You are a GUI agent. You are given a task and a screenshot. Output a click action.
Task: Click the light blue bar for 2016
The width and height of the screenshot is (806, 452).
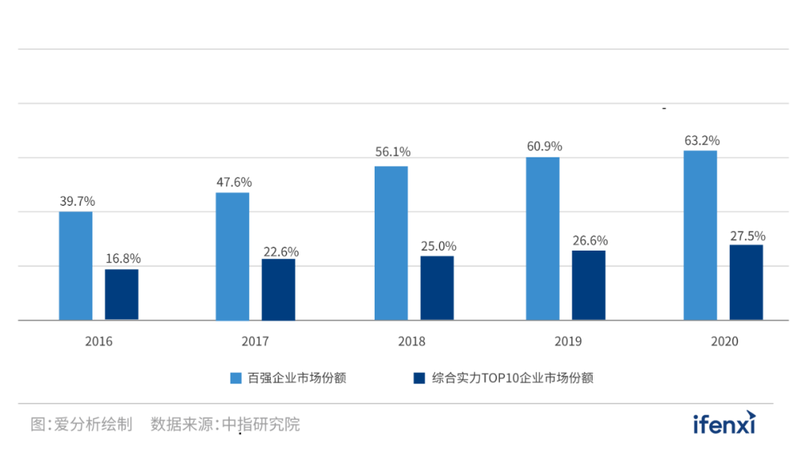coord(76,266)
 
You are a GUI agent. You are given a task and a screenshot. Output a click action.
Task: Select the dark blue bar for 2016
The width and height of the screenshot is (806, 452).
coord(121,294)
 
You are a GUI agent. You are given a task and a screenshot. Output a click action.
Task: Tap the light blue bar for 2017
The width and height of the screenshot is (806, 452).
coord(233,256)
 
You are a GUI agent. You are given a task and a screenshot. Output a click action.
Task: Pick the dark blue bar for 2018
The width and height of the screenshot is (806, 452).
coord(437,288)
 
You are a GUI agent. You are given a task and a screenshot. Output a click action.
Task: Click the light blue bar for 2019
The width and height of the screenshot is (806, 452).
coord(543,238)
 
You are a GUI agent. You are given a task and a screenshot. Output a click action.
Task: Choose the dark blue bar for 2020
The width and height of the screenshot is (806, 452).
coord(746,282)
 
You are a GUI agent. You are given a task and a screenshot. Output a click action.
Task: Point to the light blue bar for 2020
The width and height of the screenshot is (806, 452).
coord(700,235)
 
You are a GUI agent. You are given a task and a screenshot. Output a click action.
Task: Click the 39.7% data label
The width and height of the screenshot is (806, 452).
coord(78,201)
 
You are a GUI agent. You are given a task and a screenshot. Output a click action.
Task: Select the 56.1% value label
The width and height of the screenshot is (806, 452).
coord(393,152)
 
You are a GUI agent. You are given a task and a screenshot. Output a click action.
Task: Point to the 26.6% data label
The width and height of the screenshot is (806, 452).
coord(590,241)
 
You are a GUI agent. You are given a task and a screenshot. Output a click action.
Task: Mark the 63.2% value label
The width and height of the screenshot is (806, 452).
coord(702,140)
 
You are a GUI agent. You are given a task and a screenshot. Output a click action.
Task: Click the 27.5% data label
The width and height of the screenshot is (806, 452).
coord(747,236)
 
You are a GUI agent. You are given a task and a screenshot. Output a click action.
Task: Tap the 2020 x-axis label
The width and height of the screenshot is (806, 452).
coord(724,342)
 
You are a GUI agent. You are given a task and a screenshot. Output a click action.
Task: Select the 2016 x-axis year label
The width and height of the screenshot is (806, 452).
coord(99,342)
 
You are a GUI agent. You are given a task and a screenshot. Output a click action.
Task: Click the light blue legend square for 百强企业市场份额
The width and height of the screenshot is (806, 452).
coord(235,378)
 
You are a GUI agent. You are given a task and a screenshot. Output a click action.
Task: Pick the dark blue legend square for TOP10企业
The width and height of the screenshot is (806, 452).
coord(419,378)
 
